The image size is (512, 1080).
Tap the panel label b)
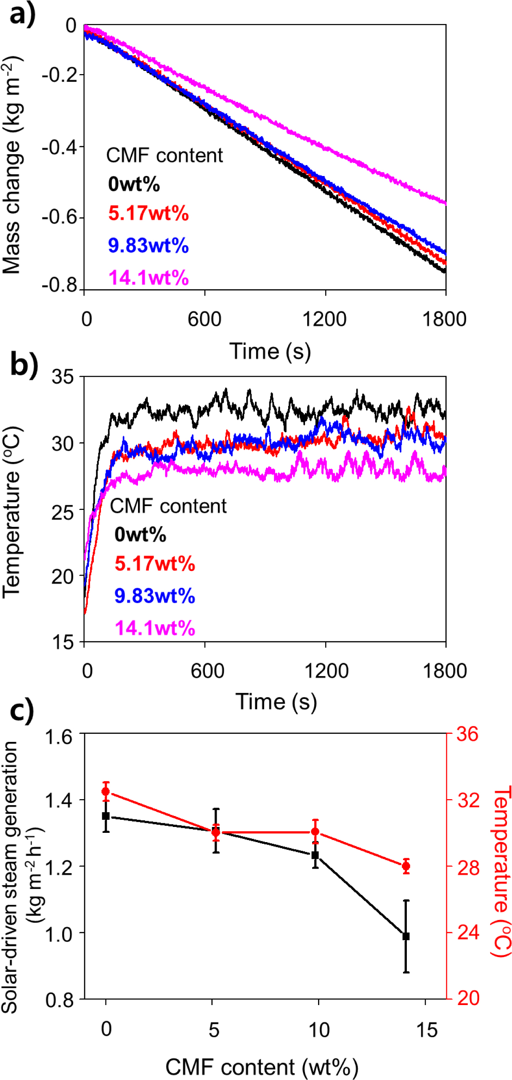point(24,364)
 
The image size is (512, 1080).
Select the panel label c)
point(21,711)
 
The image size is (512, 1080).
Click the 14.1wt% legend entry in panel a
point(148,278)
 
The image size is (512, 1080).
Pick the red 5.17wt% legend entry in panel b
point(154,563)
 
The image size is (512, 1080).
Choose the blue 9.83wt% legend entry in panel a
point(148,245)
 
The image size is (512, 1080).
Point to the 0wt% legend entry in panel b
point(140,534)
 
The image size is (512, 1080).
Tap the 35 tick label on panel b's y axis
point(62,377)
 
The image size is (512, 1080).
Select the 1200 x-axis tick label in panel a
point(324,320)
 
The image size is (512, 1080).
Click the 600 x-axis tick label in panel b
point(207,670)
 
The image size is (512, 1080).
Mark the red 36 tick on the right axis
point(467,734)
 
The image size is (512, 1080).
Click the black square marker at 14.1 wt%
point(406,936)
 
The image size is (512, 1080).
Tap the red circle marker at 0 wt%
point(106,792)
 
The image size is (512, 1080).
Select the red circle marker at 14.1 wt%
point(406,866)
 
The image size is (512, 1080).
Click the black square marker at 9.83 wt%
point(315,855)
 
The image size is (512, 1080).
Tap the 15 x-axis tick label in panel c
point(427,1030)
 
